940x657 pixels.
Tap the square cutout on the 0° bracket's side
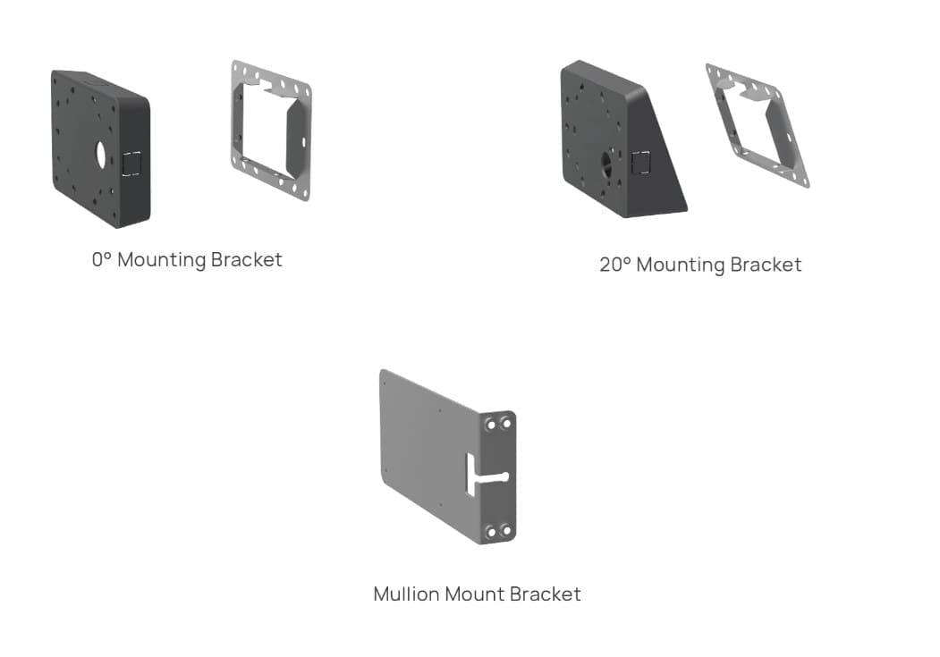pos(131,163)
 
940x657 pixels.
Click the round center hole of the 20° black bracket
pos(609,163)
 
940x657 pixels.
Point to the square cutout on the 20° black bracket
pos(640,163)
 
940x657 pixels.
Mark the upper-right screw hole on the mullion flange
pos(505,423)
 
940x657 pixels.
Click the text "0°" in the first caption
pos(101,260)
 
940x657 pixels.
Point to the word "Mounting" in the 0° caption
pos(161,260)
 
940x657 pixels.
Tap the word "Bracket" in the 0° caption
pos(247,260)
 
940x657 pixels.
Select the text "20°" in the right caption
pos(614,265)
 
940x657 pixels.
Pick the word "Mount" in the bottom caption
pos(475,594)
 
